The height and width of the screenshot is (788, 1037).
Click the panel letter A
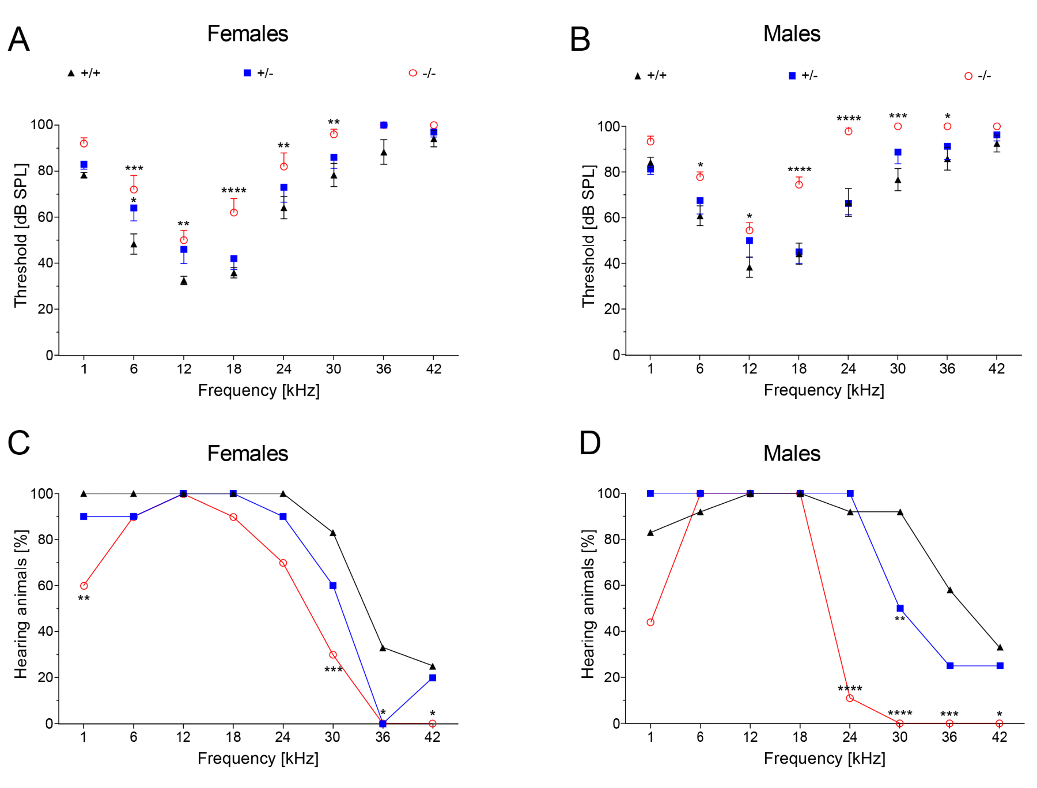[x=18, y=40]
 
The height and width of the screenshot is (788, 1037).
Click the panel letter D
[x=590, y=443]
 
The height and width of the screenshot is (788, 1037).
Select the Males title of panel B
[x=792, y=34]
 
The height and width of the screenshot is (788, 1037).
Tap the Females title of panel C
[x=247, y=454]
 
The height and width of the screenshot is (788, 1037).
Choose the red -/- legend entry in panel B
[x=978, y=76]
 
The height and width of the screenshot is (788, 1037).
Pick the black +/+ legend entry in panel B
[x=650, y=76]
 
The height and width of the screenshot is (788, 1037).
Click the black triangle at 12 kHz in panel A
[x=184, y=281]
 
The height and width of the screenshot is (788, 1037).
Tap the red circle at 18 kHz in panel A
[x=234, y=213]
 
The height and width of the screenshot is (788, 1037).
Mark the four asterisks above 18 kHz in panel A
[x=234, y=191]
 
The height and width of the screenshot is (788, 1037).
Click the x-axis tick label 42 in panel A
[x=433, y=369]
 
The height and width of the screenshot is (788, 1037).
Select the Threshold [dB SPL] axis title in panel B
[x=588, y=236]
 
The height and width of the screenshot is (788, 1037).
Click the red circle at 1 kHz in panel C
[x=84, y=586]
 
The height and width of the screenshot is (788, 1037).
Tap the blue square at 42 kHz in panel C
[x=433, y=678]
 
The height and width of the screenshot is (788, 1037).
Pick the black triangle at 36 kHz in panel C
[x=383, y=648]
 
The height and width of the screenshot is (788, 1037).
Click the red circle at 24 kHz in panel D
[x=850, y=698]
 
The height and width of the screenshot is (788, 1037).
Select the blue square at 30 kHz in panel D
[x=900, y=608]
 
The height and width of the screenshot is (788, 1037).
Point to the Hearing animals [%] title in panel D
[x=588, y=604]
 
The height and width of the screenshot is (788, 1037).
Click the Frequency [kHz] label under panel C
[x=258, y=759]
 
